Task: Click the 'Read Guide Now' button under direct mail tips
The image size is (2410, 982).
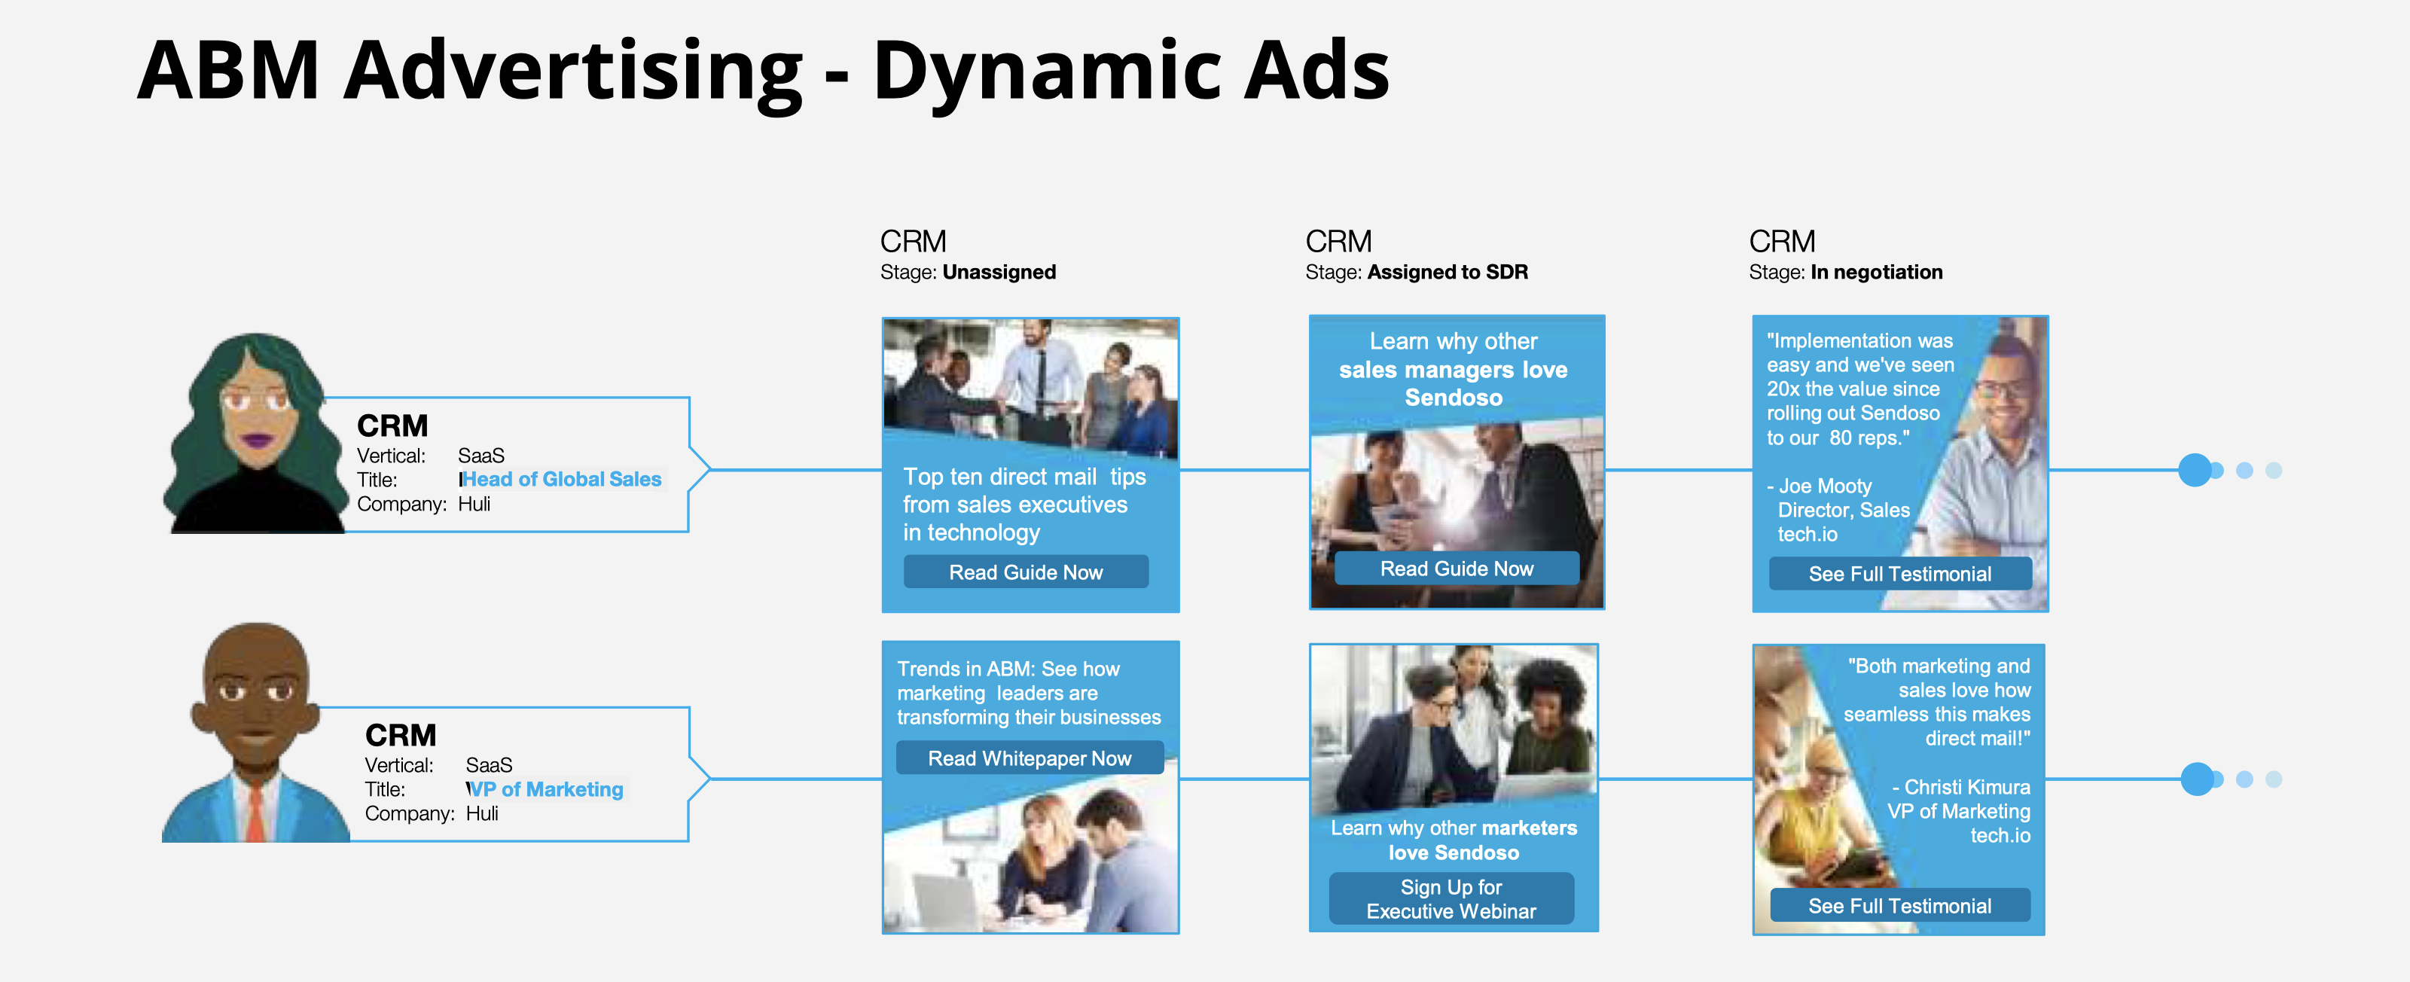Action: coord(1025,572)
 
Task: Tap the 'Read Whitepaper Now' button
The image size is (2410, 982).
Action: coord(1029,758)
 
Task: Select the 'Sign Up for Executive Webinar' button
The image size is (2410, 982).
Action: coord(1451,898)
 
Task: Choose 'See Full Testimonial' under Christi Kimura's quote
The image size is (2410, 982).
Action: coord(1899,905)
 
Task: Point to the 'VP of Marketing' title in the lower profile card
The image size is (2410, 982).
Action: coord(546,789)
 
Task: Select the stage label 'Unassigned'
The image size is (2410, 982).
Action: coord(999,272)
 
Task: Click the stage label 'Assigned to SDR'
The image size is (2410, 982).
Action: coord(1448,272)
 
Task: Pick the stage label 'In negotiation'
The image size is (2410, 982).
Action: coord(1876,272)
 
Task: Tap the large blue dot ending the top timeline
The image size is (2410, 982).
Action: coord(2195,469)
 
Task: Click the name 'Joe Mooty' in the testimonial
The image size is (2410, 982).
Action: coord(1824,486)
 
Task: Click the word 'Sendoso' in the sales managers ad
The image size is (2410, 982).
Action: coord(1453,398)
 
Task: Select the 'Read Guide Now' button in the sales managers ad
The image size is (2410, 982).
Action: coord(1457,569)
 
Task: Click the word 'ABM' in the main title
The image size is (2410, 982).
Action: coord(229,70)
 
